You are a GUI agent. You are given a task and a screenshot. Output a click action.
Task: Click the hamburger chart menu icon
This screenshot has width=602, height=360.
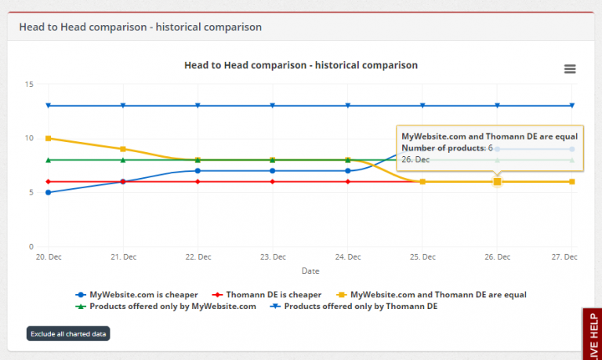[x=570, y=69]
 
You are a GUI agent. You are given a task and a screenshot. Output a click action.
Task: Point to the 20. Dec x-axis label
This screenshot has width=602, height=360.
[x=48, y=257]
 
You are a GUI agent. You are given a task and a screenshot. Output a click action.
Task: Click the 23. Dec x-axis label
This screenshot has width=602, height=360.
[x=273, y=257]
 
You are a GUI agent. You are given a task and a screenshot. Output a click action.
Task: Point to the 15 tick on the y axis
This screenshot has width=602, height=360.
[x=29, y=84]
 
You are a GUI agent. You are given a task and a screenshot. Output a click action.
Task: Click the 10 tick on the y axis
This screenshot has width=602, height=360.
[x=29, y=138]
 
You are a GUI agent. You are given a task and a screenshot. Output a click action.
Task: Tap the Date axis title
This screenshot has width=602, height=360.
[x=310, y=271]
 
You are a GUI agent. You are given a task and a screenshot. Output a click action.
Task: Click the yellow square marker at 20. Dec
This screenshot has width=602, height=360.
[x=49, y=138]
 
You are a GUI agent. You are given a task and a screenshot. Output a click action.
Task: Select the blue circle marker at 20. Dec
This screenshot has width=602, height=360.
[x=49, y=192]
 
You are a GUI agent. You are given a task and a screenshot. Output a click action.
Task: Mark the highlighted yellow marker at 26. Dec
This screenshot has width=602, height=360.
[x=497, y=181]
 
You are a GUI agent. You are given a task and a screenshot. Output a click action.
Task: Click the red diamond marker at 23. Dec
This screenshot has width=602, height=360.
[x=273, y=181]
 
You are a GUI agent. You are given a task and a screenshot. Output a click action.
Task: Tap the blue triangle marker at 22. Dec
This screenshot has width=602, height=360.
[x=198, y=105]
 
